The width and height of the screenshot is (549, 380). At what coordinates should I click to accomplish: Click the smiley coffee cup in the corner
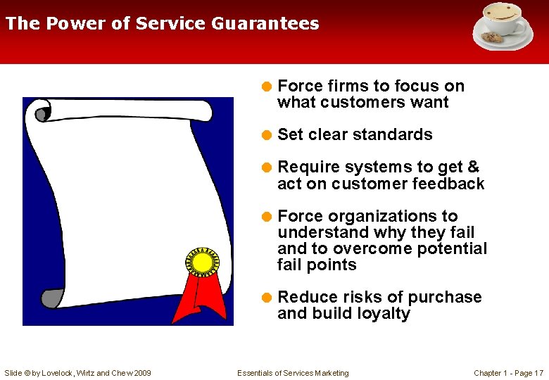(x=503, y=19)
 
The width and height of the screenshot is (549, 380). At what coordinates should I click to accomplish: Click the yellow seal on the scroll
(x=203, y=262)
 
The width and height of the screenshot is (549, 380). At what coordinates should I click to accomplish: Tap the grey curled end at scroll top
(x=43, y=112)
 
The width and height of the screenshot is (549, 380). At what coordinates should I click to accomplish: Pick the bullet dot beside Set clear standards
(x=267, y=135)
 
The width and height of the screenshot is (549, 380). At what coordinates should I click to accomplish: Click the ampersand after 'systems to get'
(x=473, y=167)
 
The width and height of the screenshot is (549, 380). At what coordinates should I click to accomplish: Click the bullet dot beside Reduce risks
(x=267, y=298)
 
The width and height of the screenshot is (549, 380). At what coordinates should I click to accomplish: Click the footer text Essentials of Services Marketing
(x=293, y=373)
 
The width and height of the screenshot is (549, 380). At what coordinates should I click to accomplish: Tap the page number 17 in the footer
(x=538, y=373)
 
